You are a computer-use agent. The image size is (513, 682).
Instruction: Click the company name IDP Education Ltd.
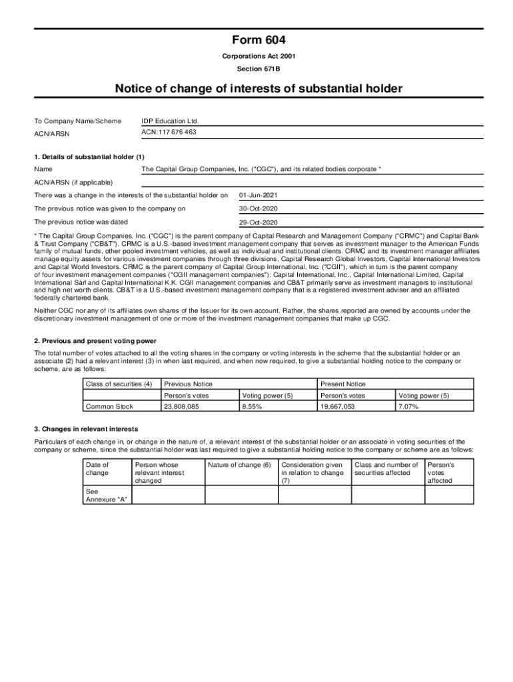(x=170, y=121)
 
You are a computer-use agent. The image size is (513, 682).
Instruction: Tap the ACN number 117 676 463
(x=169, y=133)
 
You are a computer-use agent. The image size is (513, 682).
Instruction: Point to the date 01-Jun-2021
(x=258, y=196)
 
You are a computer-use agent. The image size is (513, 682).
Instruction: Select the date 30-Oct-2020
(x=258, y=209)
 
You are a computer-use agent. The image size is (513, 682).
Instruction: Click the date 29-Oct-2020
(x=258, y=222)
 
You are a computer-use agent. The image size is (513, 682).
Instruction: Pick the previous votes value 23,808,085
(x=181, y=406)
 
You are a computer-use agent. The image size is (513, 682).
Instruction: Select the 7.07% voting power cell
(x=408, y=406)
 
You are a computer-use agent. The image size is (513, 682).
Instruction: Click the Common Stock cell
(x=109, y=406)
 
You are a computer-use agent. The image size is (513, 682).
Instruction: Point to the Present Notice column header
(x=342, y=384)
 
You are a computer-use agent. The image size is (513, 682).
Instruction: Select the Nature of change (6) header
(x=239, y=465)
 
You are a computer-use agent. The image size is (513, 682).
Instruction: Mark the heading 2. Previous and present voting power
(x=95, y=341)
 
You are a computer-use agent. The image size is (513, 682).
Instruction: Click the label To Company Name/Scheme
(x=78, y=121)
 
